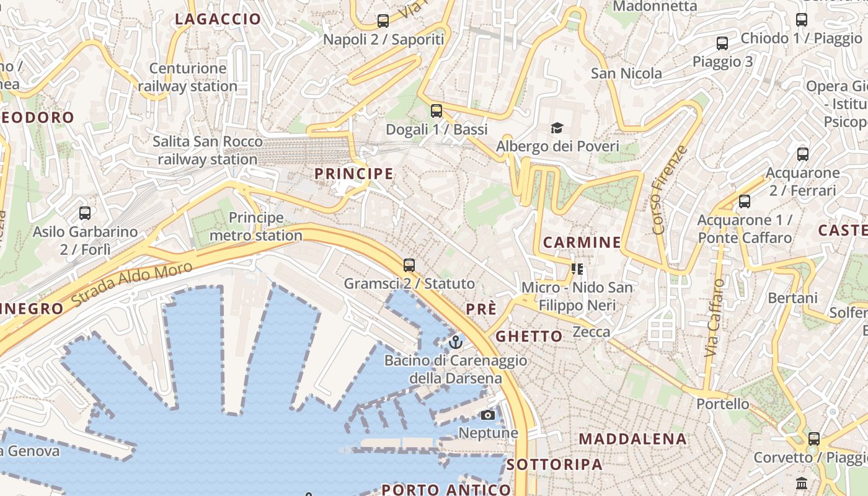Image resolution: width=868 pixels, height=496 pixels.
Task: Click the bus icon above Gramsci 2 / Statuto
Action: [409, 265]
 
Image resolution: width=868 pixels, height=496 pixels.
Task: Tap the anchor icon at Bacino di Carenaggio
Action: [456, 342]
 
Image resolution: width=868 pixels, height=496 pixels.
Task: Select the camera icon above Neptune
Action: [488, 415]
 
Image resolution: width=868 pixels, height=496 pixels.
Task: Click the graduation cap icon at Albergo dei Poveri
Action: [557, 128]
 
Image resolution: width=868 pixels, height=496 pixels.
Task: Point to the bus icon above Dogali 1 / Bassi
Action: [436, 111]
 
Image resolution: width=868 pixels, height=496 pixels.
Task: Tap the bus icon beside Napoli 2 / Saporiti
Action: [383, 21]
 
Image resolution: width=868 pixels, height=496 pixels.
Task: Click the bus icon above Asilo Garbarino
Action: [85, 213]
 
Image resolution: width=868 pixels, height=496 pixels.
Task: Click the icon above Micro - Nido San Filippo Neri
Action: [577, 269]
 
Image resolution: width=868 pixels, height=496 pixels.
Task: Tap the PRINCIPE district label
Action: [354, 174]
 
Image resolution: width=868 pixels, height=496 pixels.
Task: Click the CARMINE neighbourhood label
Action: [582, 242]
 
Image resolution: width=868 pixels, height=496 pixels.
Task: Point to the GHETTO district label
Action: [529, 336]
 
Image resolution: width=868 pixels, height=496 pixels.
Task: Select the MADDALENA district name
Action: [632, 439]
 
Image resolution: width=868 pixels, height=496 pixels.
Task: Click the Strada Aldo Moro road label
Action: [131, 285]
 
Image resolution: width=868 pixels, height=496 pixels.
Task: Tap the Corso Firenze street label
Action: [670, 190]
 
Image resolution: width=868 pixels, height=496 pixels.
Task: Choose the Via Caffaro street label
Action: [715, 317]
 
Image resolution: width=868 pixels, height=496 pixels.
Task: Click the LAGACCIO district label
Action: [218, 19]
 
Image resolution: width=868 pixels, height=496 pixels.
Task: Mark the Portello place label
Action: [722, 404]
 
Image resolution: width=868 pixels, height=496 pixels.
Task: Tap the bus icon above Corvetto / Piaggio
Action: [814, 439]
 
